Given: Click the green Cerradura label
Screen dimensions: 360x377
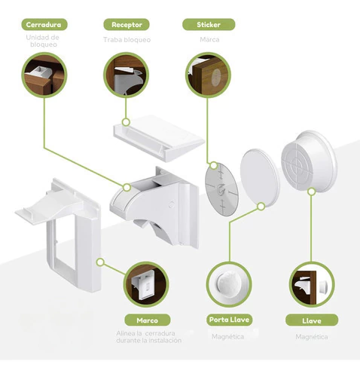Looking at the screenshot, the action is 44,25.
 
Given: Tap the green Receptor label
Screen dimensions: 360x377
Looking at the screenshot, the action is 127,25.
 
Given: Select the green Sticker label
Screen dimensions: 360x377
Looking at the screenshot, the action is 209,25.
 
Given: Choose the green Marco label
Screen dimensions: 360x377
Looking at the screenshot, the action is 148,320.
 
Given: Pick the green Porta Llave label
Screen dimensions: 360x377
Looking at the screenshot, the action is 229,320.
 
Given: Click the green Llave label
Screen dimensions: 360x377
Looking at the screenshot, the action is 312,320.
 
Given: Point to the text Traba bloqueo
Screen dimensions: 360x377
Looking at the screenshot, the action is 127,40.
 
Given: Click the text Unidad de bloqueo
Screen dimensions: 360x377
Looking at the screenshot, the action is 43,41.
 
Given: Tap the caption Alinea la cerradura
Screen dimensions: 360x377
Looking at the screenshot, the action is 145,333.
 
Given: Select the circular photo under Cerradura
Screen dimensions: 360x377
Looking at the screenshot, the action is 44,75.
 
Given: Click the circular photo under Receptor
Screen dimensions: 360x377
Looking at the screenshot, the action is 126,75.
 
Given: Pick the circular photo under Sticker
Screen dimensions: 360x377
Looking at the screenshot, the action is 208,75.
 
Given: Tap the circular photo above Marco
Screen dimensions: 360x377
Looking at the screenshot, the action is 147,284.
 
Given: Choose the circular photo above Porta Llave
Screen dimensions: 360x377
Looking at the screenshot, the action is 229,284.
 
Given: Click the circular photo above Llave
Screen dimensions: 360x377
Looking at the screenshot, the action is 312,284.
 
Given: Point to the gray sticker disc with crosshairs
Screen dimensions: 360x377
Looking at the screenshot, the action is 222,189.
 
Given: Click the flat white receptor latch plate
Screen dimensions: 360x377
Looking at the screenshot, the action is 159,138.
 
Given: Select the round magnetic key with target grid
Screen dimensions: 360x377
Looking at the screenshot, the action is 310,161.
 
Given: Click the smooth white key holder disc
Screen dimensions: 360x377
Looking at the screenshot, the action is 260,177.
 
